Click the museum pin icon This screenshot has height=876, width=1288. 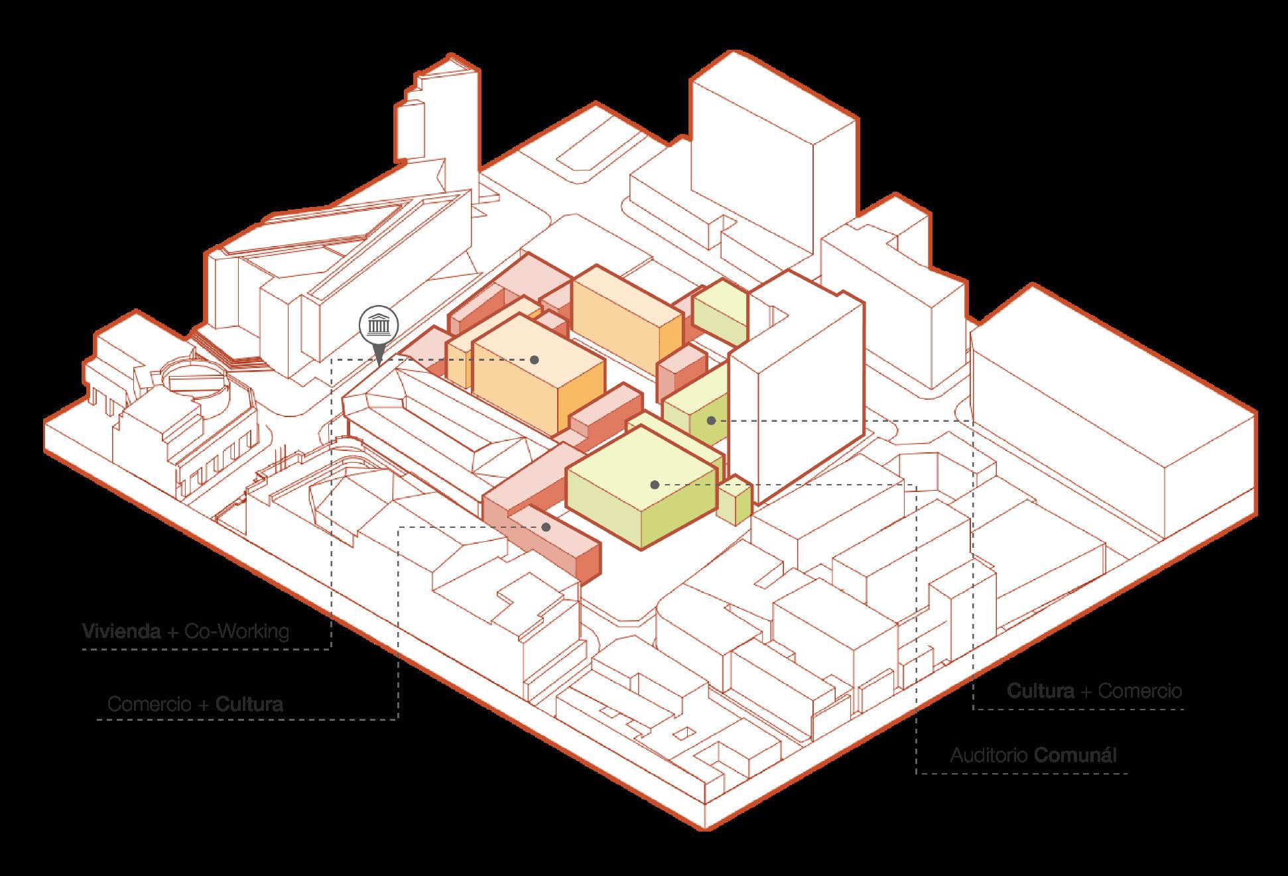[x=377, y=326]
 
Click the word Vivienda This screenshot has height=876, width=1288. [x=121, y=631]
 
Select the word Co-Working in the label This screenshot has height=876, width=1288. [x=237, y=631]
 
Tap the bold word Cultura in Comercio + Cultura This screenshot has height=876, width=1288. [x=249, y=704]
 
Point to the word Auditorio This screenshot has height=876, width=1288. [x=989, y=755]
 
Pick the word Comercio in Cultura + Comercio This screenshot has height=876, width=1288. [x=1140, y=691]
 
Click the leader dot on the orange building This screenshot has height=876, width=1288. [x=534, y=359]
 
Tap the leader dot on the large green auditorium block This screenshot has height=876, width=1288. [x=655, y=485]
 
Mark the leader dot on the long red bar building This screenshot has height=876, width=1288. [x=546, y=527]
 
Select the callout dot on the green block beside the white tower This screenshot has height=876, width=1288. [x=710, y=420]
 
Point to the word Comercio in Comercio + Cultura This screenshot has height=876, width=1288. [x=151, y=704]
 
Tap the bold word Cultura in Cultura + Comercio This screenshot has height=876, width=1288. [x=1040, y=691]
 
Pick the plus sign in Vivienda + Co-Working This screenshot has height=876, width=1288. [x=172, y=631]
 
